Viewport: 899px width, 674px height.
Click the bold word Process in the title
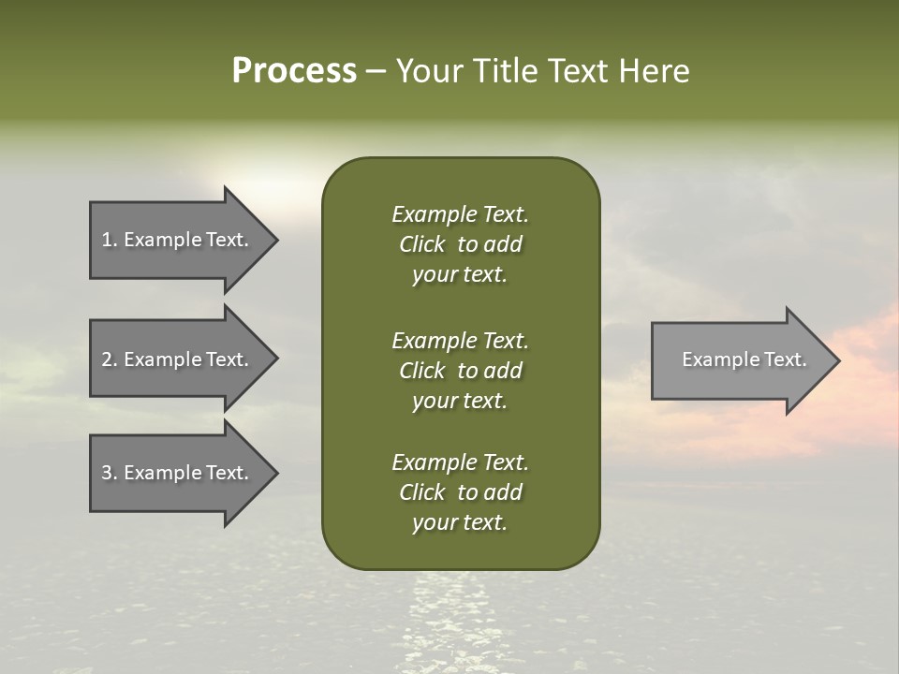(x=294, y=71)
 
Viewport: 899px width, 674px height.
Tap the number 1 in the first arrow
(x=107, y=240)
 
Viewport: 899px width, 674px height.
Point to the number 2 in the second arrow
(x=107, y=359)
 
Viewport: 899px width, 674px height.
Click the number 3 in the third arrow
(x=107, y=473)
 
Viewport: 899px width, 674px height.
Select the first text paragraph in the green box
(x=460, y=244)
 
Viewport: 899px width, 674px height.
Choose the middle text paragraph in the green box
(x=460, y=370)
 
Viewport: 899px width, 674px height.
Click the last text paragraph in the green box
(x=460, y=492)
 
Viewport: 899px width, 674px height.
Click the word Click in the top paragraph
(x=421, y=244)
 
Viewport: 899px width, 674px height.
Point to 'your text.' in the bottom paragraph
(x=460, y=523)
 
